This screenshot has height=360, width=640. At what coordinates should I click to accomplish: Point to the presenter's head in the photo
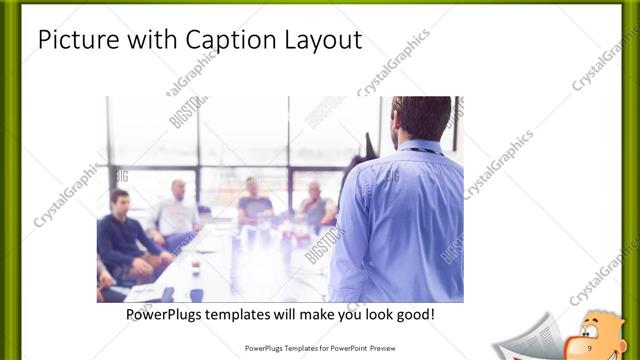(421, 118)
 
